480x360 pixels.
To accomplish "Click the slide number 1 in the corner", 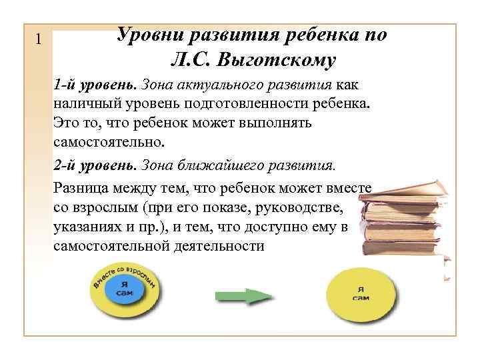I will pyautogui.click(x=38, y=40).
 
